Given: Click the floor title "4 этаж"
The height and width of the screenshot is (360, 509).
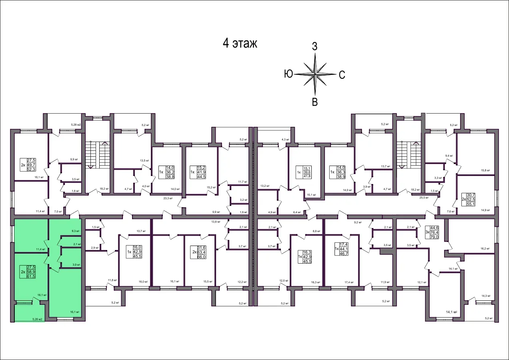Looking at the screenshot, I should point(240,44).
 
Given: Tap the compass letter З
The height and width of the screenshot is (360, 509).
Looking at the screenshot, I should point(315,46).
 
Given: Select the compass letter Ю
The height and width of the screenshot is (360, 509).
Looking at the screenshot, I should point(289,74).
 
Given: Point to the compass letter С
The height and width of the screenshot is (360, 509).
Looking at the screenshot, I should point(342,74).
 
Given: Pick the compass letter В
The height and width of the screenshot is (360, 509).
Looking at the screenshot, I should point(315,102).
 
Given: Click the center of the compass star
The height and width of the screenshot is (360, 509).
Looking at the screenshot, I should point(315,74).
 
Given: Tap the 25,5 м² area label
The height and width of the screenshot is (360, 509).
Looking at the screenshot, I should point(424,198).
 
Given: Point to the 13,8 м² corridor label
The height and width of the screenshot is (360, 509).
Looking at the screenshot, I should point(215,221).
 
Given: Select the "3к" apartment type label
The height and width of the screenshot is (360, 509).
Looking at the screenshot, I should point(427,232).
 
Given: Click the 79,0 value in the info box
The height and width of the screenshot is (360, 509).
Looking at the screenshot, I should point(434,237).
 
